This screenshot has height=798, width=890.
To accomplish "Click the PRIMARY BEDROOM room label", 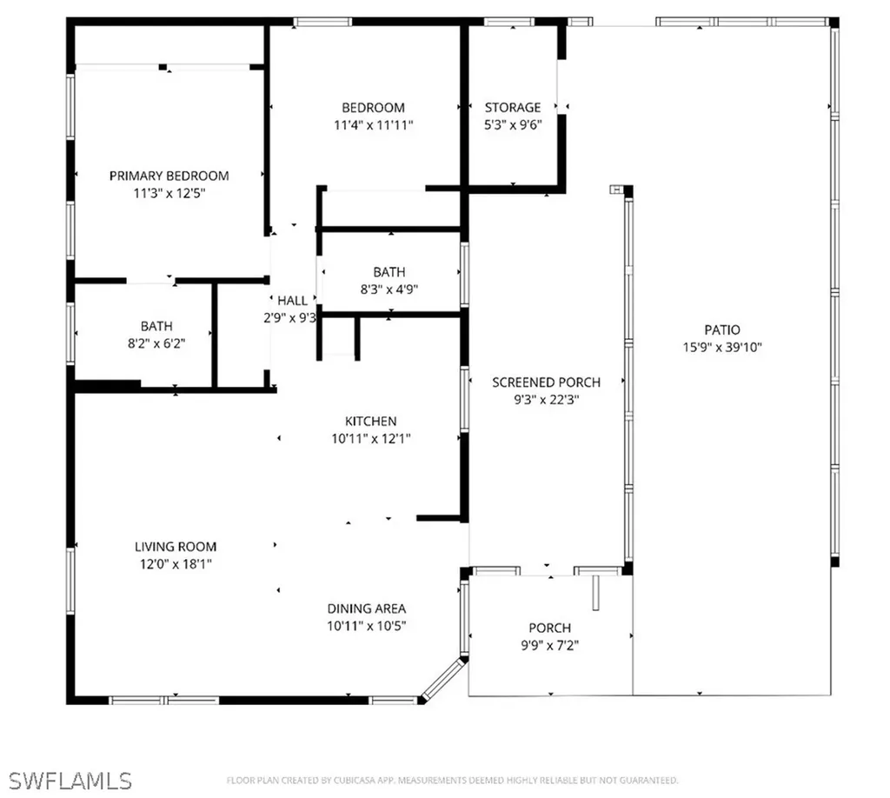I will click(169, 176).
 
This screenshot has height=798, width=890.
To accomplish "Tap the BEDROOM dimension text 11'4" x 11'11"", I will click(373, 125).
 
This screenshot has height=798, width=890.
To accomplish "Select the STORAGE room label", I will click(512, 108).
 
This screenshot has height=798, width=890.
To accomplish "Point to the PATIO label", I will click(722, 330).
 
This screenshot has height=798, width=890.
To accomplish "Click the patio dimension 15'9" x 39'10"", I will click(722, 347).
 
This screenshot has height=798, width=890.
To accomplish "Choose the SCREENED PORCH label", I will click(546, 382).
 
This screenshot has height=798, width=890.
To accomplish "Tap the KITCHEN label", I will click(371, 422).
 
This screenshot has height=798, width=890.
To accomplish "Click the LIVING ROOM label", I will click(176, 547).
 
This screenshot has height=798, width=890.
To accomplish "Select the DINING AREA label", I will click(366, 608).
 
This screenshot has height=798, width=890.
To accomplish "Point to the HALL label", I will click(292, 301).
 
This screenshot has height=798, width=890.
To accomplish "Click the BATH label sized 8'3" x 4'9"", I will click(389, 272).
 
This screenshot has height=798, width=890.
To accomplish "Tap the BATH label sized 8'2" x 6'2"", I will click(156, 327).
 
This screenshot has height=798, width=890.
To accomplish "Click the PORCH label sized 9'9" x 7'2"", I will click(550, 628).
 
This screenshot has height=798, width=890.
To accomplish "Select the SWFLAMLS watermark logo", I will click(67, 778).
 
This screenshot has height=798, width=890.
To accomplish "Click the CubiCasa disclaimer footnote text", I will click(452, 781).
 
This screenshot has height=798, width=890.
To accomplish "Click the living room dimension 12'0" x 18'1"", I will click(176, 564).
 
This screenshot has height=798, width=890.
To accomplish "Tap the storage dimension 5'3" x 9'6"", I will click(512, 125).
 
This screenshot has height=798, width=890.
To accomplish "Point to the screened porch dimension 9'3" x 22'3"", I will click(546, 400).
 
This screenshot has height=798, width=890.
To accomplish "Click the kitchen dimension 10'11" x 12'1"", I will click(371, 439).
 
